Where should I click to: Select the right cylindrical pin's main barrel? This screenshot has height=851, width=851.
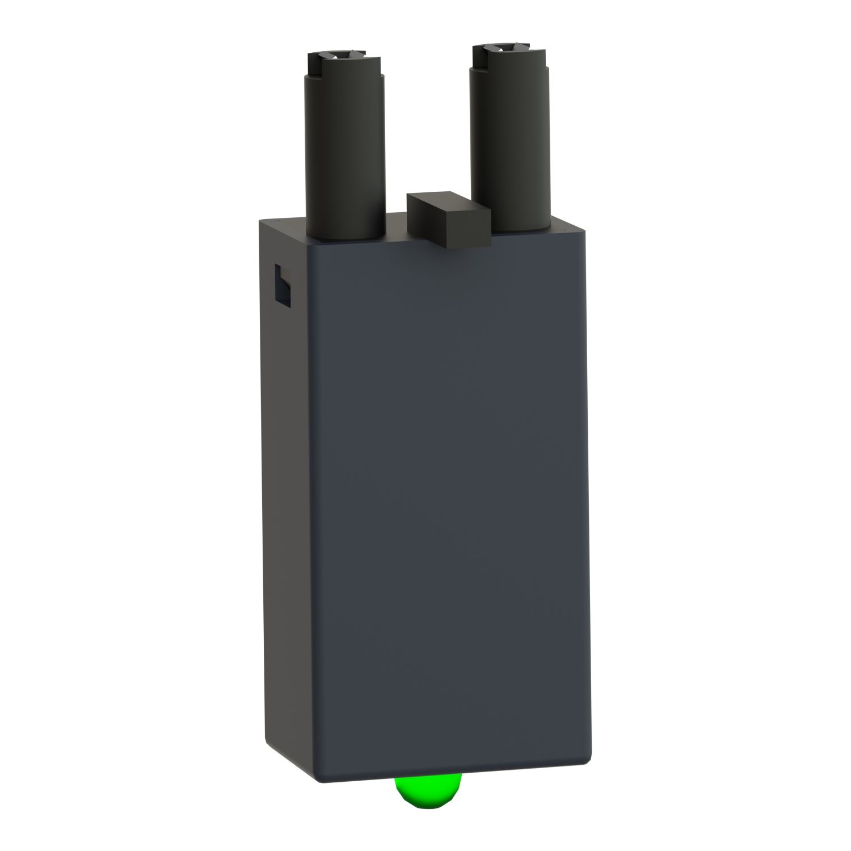coord(510,142)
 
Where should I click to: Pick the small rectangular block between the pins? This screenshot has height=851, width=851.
coord(448,219)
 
